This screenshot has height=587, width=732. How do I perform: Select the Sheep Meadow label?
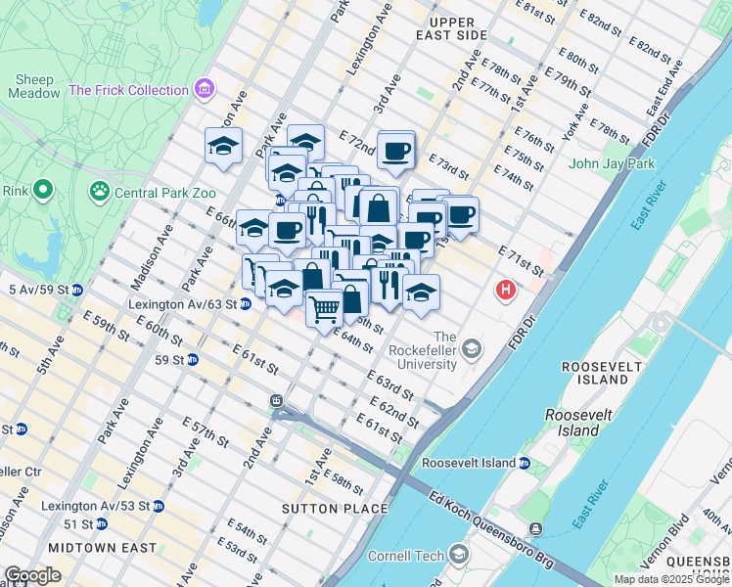(33, 86)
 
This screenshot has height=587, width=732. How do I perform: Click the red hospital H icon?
(506, 290)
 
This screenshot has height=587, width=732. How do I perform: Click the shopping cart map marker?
(324, 309)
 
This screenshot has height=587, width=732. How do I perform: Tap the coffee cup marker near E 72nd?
(396, 151)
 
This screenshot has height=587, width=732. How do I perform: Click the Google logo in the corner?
(33, 574)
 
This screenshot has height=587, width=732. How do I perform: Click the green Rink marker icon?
(42, 190)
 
